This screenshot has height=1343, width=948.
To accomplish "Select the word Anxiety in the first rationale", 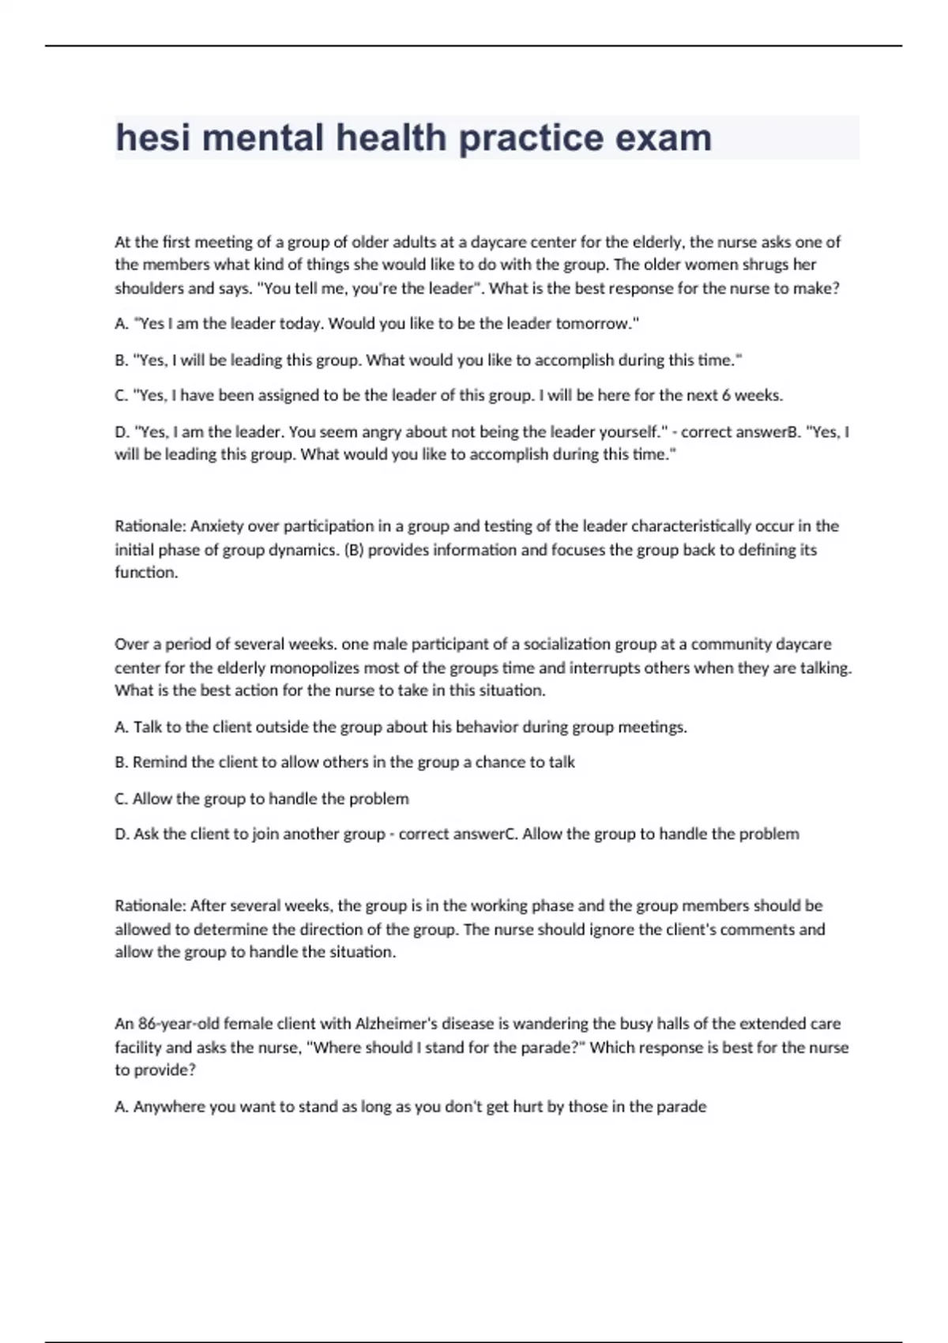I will tap(216, 526).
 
